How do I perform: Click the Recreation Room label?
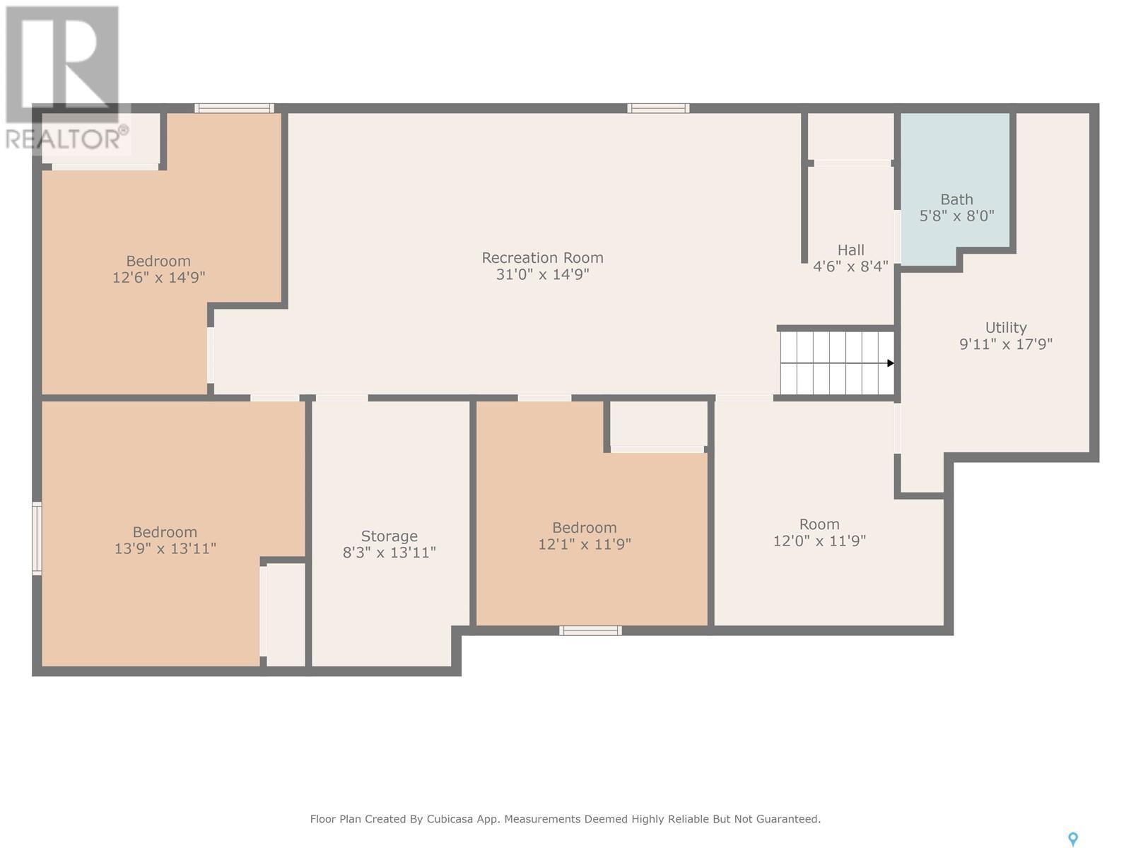tap(543, 257)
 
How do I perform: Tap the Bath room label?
tap(957, 199)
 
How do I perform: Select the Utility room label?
tap(1006, 327)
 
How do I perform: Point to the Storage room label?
tap(389, 536)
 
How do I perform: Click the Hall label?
tap(850, 250)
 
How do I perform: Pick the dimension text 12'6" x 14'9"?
tap(159, 278)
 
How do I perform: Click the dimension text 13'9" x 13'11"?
tap(165, 548)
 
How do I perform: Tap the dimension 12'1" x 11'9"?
tap(585, 544)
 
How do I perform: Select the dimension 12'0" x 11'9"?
tap(819, 541)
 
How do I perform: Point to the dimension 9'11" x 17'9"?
tap(1006, 344)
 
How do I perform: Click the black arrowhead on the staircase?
tap(891, 363)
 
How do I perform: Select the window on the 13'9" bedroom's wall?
tap(37, 538)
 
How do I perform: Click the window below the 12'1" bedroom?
tap(590, 631)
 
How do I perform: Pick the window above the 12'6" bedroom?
tap(235, 108)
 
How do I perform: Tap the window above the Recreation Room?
tap(658, 108)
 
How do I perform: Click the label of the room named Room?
tap(819, 524)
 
